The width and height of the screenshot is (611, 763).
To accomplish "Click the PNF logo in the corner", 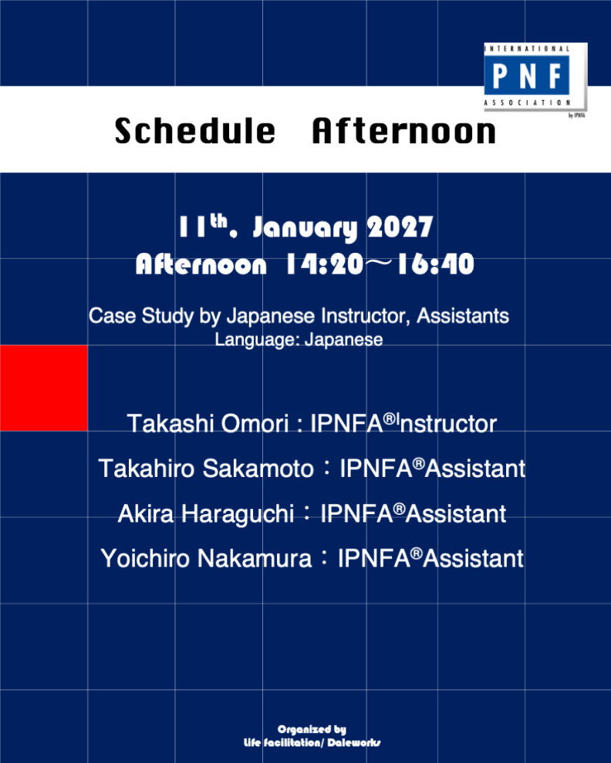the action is [535, 78].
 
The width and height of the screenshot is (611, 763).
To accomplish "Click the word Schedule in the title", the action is [195, 131].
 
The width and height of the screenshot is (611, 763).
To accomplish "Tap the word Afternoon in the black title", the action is [404, 131].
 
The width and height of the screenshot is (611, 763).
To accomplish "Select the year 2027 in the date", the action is [400, 227].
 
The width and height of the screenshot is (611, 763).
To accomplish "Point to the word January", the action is [305, 228].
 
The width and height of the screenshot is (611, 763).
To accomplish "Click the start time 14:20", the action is [325, 264].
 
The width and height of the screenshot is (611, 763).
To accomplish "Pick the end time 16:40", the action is [436, 264].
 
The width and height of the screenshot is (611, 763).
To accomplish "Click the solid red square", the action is [44, 388].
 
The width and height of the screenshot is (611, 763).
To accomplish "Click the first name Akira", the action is [145, 514].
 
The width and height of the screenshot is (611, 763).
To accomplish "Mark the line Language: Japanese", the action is [299, 340].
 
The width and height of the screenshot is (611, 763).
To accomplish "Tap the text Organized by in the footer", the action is [312, 729].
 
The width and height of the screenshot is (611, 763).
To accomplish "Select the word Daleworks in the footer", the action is [354, 742].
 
